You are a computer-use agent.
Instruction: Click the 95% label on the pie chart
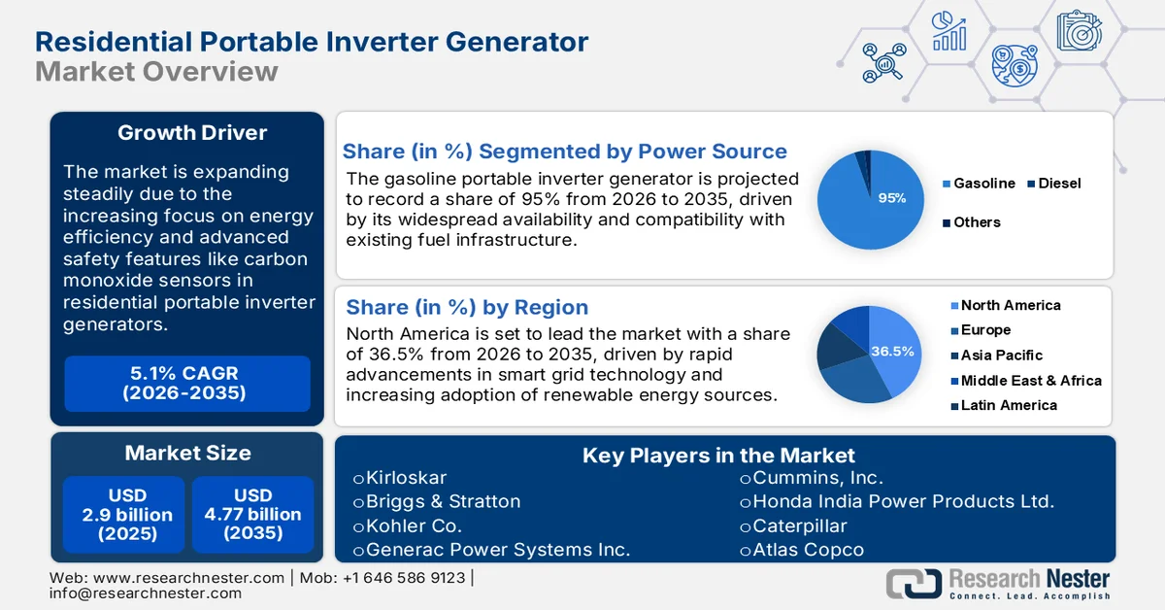891,198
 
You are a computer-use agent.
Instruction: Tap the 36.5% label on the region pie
892,352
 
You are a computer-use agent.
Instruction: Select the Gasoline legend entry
983,184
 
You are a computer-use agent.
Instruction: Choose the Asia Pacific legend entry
1002,356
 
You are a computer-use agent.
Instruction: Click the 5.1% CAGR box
187,384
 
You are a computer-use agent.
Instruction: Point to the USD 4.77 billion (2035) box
253,515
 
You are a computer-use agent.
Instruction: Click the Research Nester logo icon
914,583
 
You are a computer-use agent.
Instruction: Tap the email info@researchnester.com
146,593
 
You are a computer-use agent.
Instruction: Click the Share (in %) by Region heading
467,308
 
